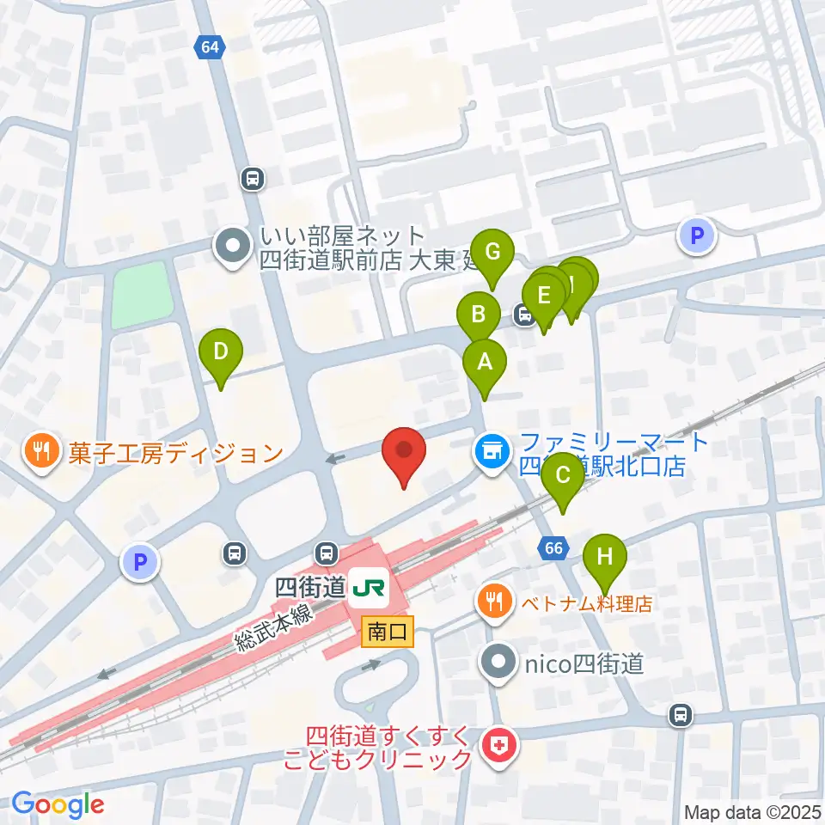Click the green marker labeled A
[x=485, y=363]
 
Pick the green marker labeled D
[x=221, y=352]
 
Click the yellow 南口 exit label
[x=388, y=632]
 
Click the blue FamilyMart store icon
[x=492, y=449]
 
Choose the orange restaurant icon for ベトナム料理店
[x=492, y=600]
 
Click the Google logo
[x=58, y=804]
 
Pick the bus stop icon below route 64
[x=253, y=178]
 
